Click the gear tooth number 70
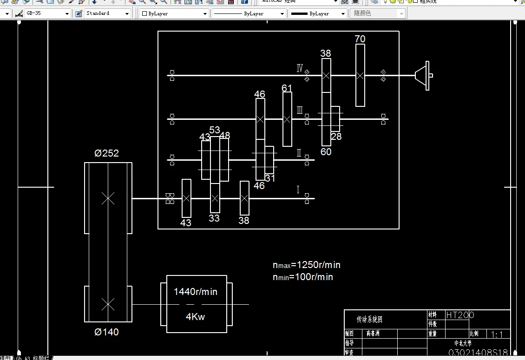tap(360, 39)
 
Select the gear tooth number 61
tap(287, 88)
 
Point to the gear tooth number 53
tap(215, 130)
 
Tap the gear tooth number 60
tap(326, 152)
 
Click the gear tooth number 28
tap(336, 136)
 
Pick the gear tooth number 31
tap(270, 178)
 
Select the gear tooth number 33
tap(214, 218)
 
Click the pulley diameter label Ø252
tap(107, 154)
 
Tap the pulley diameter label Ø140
tap(106, 332)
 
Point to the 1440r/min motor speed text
tap(196, 292)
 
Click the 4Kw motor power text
tap(196, 317)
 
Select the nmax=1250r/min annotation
tap(307, 265)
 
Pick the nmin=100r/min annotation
tap(303, 277)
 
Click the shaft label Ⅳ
tap(300, 69)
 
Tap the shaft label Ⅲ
tap(300, 111)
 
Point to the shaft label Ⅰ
tap(298, 190)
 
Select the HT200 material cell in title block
tap(460, 315)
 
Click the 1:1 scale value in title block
tap(497, 334)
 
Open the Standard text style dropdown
tap(127, 13)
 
